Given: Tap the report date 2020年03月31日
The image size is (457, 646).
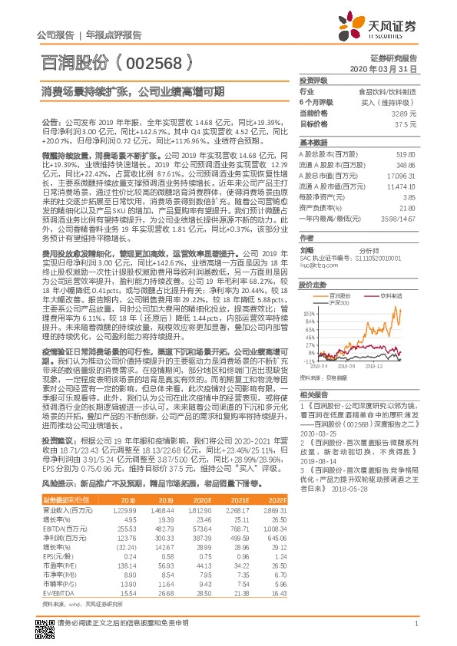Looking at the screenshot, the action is point(391,68).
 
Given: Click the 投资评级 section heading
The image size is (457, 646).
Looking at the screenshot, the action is point(313,80).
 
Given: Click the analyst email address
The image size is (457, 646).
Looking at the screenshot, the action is point(316,243).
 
